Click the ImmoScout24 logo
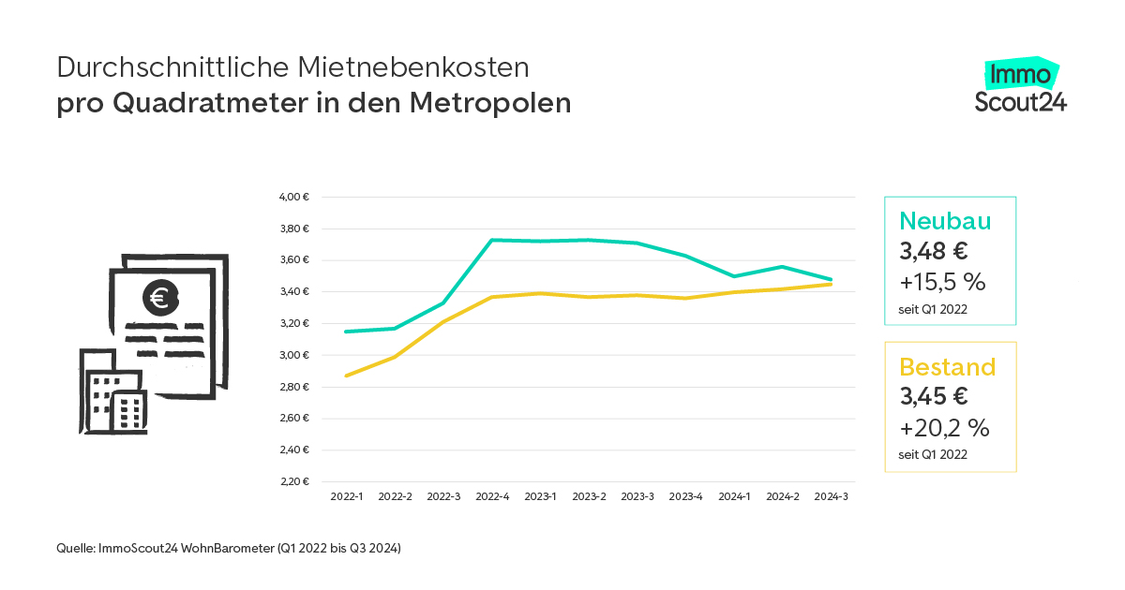pyautogui.click(x=1021, y=86)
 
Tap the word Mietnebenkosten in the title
pyautogui.click(x=413, y=67)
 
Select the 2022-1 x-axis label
pyautogui.click(x=347, y=497)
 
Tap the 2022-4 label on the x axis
pyautogui.click(x=492, y=497)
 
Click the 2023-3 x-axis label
pyautogui.click(x=637, y=497)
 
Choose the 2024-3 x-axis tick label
pyautogui.click(x=832, y=497)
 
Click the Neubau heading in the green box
pyautogui.click(x=945, y=220)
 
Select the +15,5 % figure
pyautogui.click(x=942, y=282)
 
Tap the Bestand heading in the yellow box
pyautogui.click(x=947, y=366)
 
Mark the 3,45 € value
pyautogui.click(x=934, y=396)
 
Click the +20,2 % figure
pyautogui.click(x=944, y=428)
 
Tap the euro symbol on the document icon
pyautogui.click(x=160, y=298)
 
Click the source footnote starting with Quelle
pyautogui.click(x=229, y=549)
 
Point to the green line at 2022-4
pyautogui.click(x=492, y=240)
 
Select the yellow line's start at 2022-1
pyautogui.click(x=347, y=376)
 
